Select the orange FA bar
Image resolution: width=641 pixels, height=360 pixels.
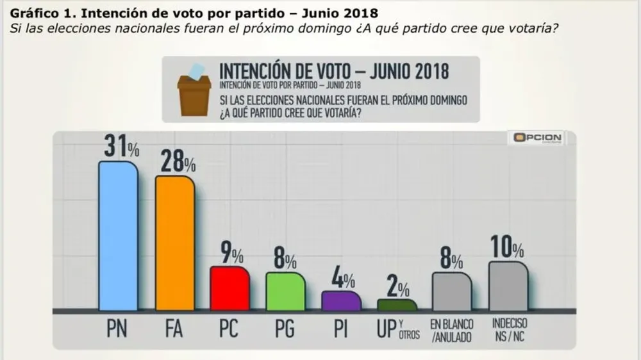(x=175, y=243)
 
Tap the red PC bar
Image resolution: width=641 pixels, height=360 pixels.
(x=229, y=288)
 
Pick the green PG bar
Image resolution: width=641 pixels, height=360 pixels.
(x=285, y=291)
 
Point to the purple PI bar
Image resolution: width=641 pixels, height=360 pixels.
(x=340, y=301)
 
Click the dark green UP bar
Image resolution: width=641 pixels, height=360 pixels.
(x=396, y=305)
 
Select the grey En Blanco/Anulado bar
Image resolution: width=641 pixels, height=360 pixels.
(x=453, y=291)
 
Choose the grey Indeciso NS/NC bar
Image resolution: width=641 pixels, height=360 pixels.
(x=508, y=286)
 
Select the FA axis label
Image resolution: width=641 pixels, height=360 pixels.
(x=174, y=329)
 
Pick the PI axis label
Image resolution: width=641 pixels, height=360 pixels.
(x=340, y=329)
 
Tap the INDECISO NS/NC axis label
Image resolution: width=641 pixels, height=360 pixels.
(x=509, y=329)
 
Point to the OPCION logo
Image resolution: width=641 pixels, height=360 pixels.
(x=535, y=138)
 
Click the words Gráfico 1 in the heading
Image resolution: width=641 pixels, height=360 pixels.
(x=39, y=12)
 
